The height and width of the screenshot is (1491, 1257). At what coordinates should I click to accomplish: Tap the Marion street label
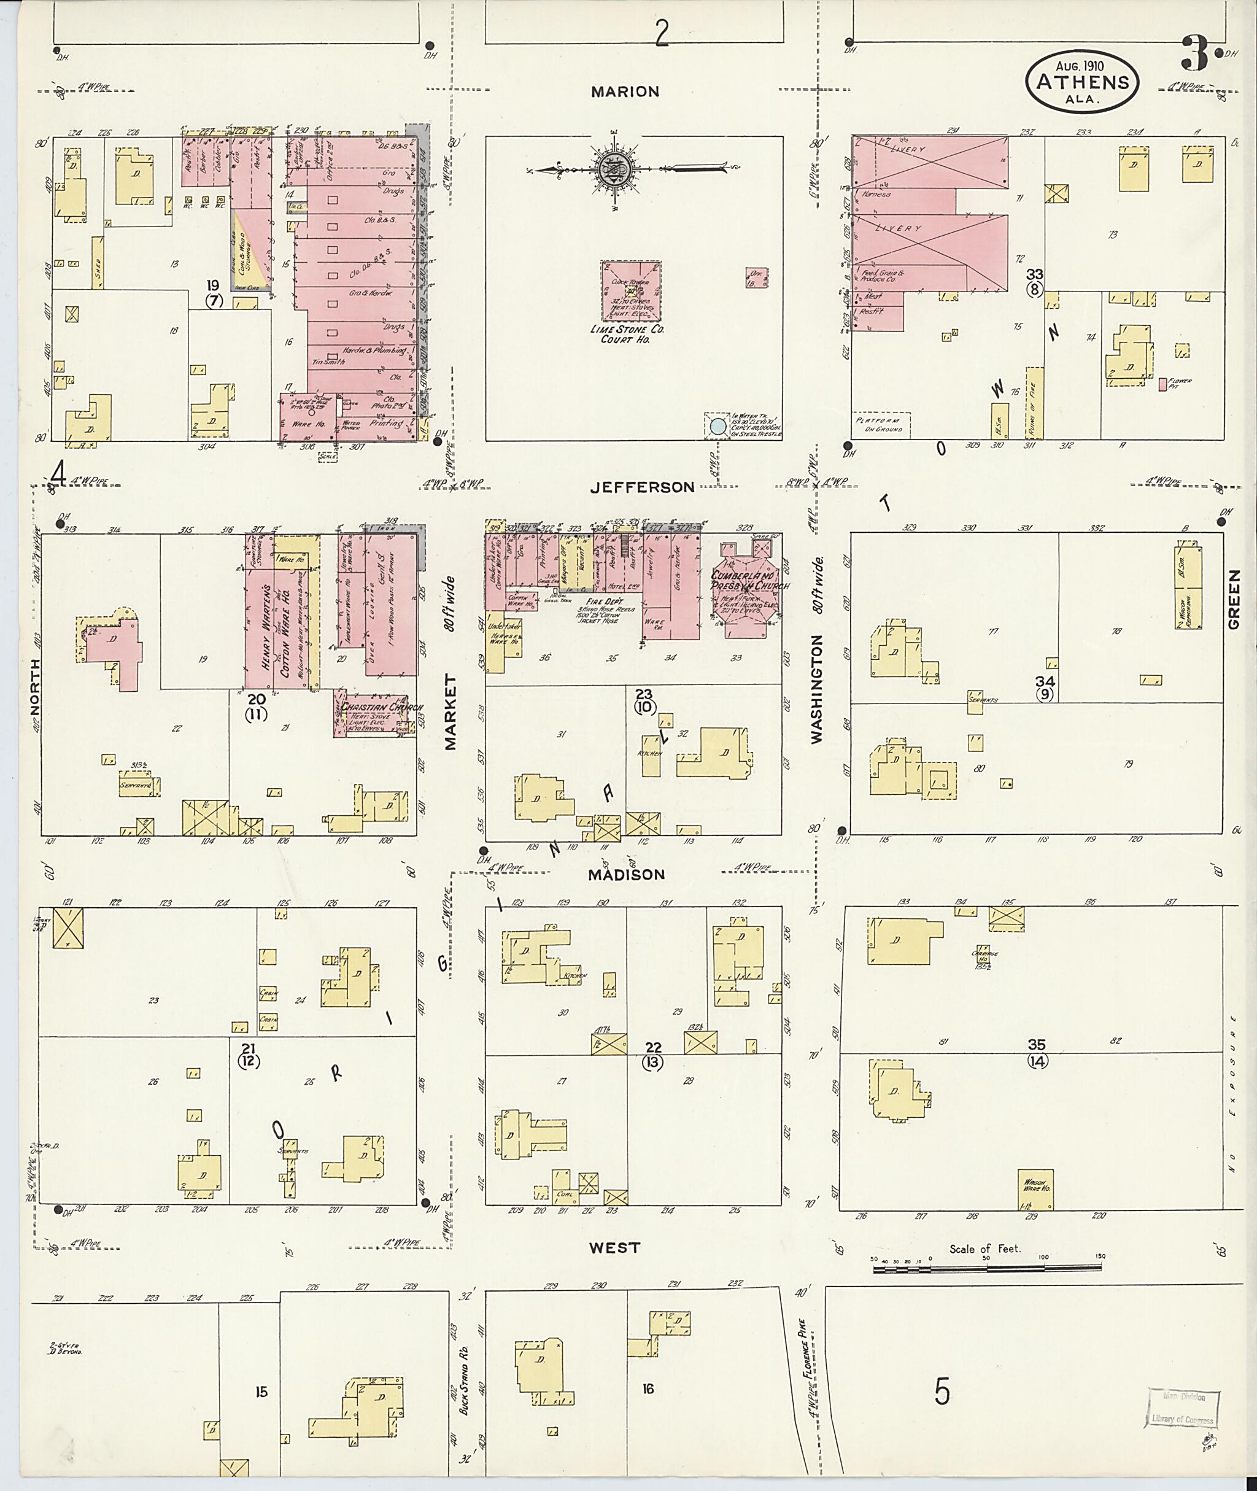click(625, 92)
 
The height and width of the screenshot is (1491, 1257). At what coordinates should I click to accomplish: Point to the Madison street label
click(627, 875)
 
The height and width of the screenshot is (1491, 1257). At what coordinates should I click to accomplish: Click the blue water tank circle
click(718, 426)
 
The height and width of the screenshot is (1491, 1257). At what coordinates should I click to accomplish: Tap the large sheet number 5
click(942, 1391)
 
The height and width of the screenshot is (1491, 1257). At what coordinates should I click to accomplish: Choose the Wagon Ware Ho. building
click(1037, 1190)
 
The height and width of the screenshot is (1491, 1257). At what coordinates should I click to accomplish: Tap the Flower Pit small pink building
click(1162, 384)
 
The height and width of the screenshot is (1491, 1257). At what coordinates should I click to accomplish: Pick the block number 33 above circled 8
click(1035, 274)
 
